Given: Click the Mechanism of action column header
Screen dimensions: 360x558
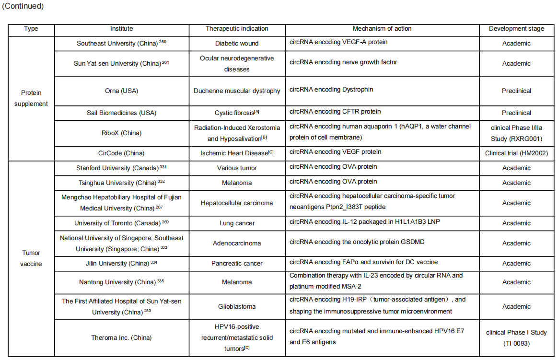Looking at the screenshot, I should click(x=382, y=29).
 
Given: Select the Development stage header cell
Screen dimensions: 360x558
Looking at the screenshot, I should click(x=516, y=29).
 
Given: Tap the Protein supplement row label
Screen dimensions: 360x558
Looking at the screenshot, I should click(x=31, y=98).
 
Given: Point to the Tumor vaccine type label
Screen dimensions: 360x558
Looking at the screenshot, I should click(x=31, y=258).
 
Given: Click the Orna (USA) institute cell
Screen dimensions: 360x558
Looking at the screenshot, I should click(x=121, y=91).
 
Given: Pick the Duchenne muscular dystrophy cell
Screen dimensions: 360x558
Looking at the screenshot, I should click(x=237, y=91).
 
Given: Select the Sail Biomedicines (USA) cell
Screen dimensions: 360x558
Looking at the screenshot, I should click(x=121, y=113).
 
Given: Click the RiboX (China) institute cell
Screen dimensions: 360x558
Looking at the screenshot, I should click(x=121, y=133).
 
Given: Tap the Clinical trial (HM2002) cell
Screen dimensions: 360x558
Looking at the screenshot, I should click(x=516, y=153).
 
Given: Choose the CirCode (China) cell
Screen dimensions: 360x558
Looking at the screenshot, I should click(x=121, y=153).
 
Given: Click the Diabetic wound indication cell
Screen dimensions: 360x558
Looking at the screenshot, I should click(x=237, y=43).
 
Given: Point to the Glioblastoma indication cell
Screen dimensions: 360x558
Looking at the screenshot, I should click(x=237, y=306).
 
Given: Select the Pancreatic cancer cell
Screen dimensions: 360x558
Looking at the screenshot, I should click(x=237, y=263).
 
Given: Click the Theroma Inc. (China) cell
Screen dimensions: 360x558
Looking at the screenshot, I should click(x=121, y=337).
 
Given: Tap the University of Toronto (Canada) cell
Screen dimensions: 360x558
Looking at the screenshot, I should click(x=121, y=223).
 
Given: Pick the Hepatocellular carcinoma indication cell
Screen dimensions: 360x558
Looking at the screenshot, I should click(x=237, y=203).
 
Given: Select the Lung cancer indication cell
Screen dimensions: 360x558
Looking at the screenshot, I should click(x=237, y=223).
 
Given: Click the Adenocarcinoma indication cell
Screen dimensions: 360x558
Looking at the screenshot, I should click(x=237, y=243).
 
